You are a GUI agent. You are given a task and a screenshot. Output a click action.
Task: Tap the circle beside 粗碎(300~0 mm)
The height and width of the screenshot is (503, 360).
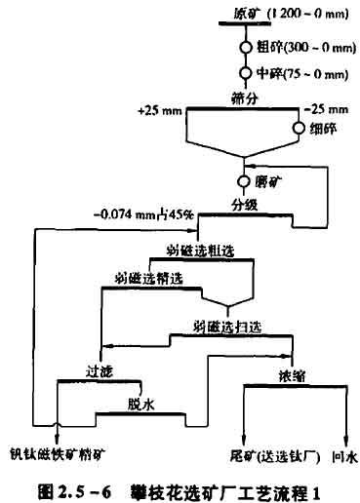(246, 46)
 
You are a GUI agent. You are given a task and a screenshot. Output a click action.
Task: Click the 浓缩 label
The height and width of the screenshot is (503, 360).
(290, 373)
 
